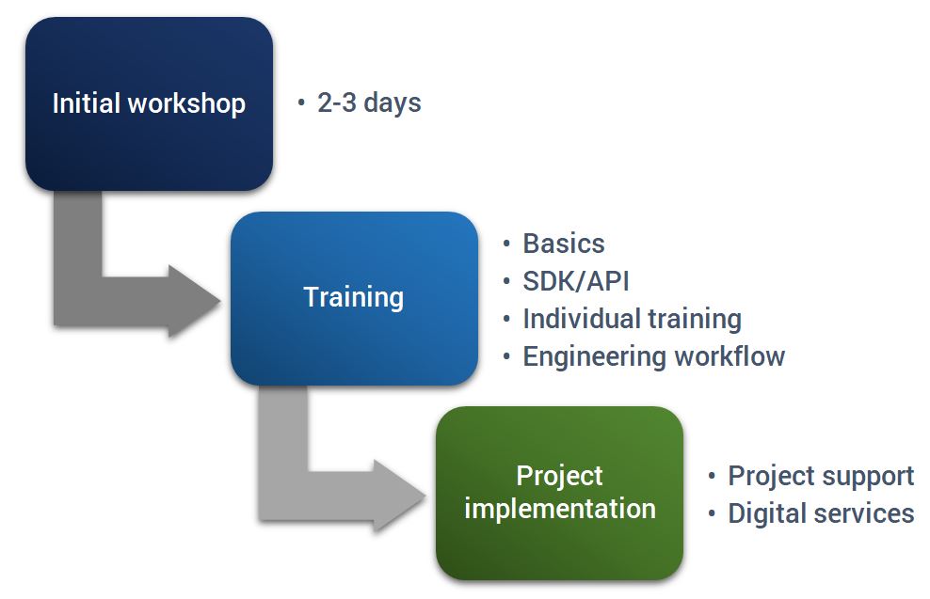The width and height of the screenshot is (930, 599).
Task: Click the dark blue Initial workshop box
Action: [149, 103]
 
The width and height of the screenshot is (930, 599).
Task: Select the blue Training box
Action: [354, 299]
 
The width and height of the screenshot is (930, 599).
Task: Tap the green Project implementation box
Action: [559, 493]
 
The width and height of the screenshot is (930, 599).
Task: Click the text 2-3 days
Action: [369, 102]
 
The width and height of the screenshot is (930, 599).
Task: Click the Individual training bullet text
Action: [633, 319]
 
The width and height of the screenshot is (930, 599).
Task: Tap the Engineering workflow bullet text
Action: [653, 357]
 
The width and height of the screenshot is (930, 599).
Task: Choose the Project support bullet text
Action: [821, 477]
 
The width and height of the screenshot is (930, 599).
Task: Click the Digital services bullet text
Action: [821, 513]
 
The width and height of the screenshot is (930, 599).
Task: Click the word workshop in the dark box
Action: [186, 103]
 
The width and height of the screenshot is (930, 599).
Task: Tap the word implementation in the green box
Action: [560, 510]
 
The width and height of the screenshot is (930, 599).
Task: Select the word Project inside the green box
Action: [559, 477]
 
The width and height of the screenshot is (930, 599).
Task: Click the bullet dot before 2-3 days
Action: [301, 103]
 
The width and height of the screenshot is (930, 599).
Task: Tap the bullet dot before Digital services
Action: [712, 513]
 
